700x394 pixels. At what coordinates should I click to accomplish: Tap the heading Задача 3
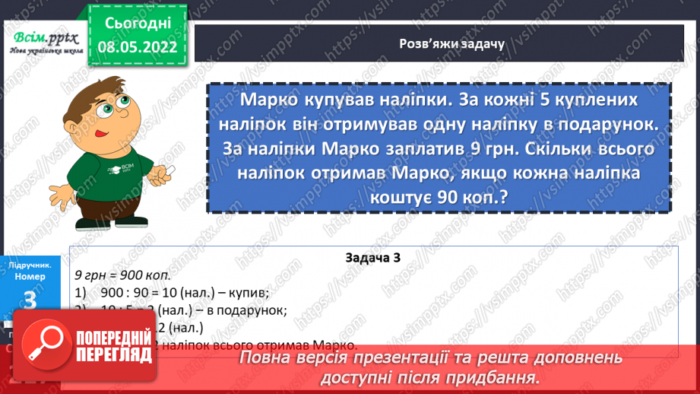pyautogui.click(x=372, y=258)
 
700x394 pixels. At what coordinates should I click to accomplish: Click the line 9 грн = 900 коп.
pyautogui.click(x=122, y=274)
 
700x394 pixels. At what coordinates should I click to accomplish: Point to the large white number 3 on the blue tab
pyautogui.click(x=30, y=300)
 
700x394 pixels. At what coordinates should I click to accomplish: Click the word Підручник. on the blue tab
pyautogui.click(x=30, y=265)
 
